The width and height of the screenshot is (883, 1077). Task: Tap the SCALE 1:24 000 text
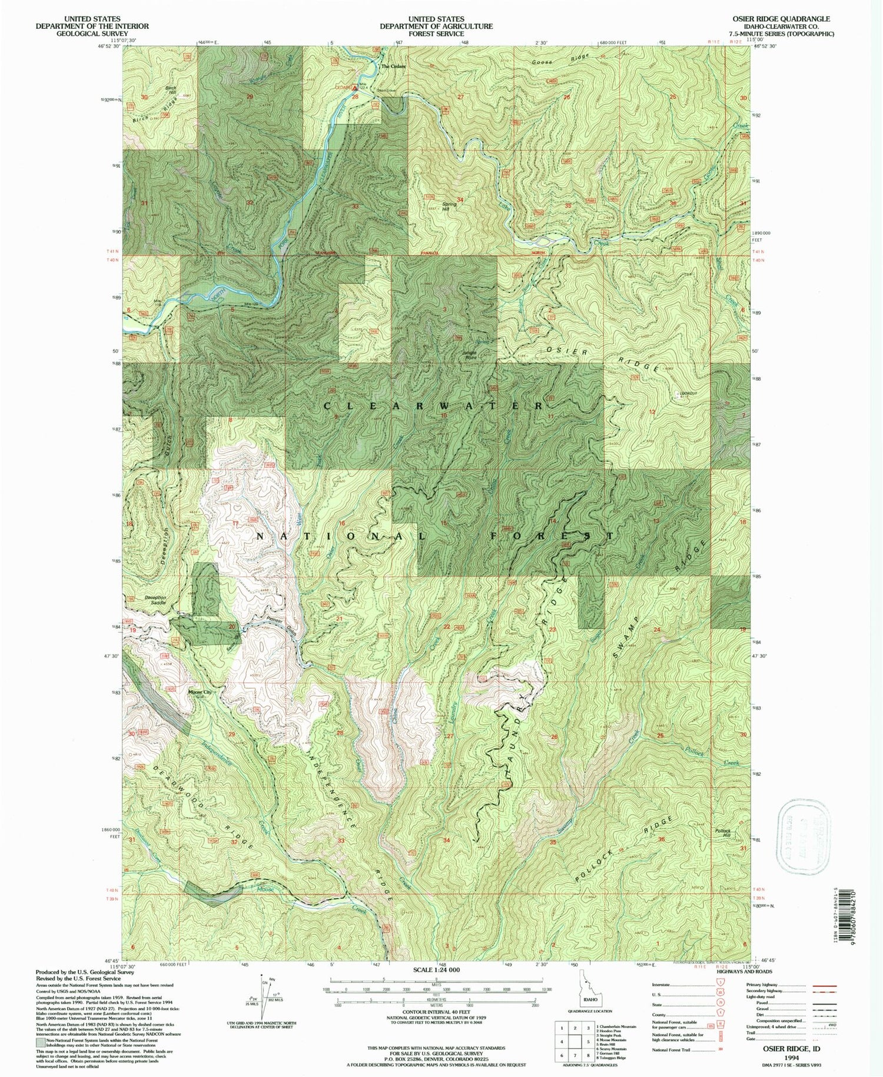(436, 969)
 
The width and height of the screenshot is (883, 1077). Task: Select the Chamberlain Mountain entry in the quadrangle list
(616, 1026)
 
